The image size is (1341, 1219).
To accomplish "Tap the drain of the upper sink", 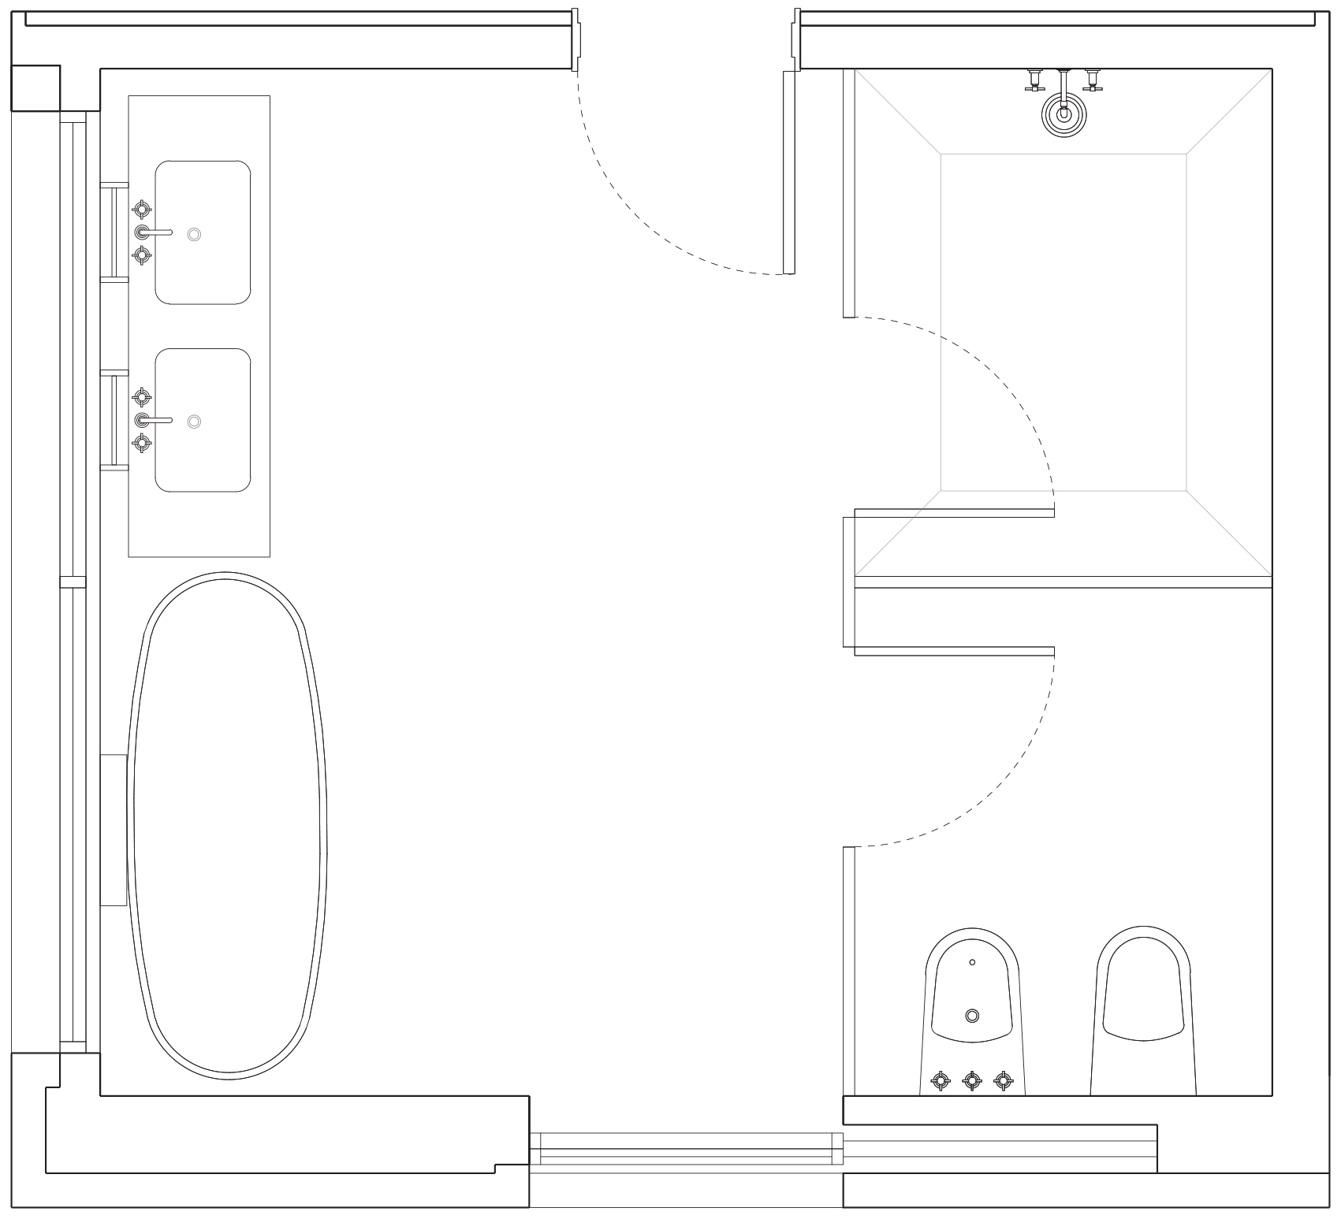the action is pyautogui.click(x=195, y=234).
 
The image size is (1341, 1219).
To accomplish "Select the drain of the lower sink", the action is pyautogui.click(x=194, y=422).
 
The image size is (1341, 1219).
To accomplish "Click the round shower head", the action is pyautogui.click(x=1063, y=114).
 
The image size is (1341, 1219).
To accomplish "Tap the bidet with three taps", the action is pyautogui.click(x=972, y=1009).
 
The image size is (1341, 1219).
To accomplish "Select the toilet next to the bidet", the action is pyautogui.click(x=1144, y=1009).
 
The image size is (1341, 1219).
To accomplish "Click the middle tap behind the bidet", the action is pyautogui.click(x=973, y=1080).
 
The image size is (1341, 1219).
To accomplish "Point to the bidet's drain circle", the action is pyautogui.click(x=972, y=1016).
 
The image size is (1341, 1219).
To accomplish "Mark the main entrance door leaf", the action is pyautogui.click(x=788, y=172).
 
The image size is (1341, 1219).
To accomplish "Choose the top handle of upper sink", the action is pyautogui.click(x=141, y=209).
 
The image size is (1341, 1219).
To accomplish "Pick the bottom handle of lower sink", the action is pyautogui.click(x=141, y=443).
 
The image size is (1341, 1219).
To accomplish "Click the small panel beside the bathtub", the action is pyautogui.click(x=114, y=830).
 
